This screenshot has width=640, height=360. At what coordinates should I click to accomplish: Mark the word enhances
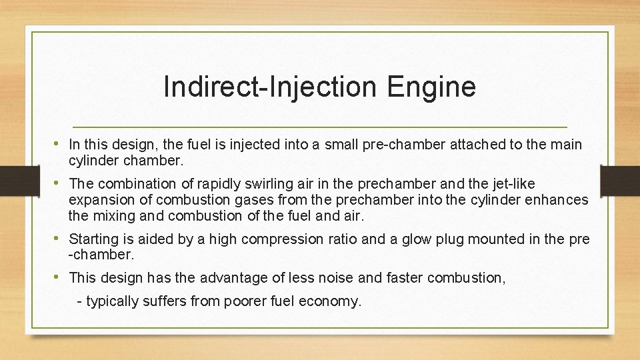[559, 200]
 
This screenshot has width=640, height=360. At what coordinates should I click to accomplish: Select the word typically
[111, 301]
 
